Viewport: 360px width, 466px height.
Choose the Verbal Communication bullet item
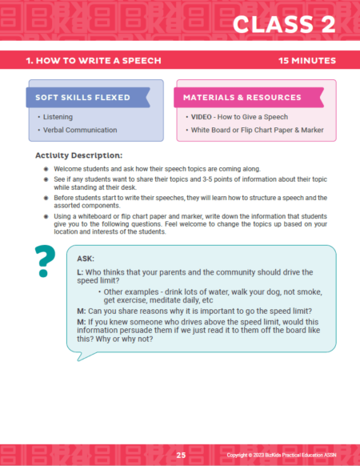[77, 129]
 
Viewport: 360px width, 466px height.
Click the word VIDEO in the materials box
[203, 116]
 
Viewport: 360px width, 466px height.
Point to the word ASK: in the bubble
[86, 259]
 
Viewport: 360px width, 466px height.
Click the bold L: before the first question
[79, 274]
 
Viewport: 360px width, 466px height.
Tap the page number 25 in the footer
[182, 453]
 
